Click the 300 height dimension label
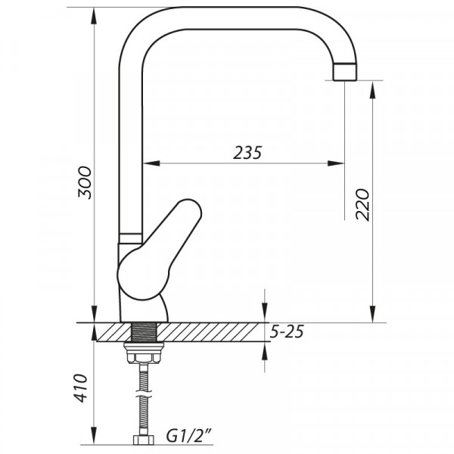(x=86, y=182)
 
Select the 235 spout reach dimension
(x=247, y=153)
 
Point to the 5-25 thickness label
(x=288, y=332)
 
